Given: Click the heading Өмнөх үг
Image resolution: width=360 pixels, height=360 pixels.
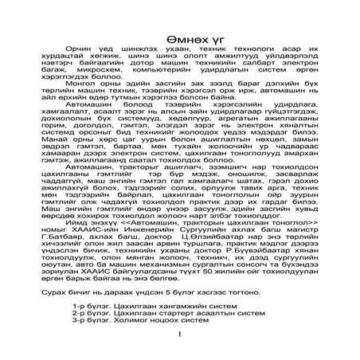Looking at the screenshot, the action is coord(180,41).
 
